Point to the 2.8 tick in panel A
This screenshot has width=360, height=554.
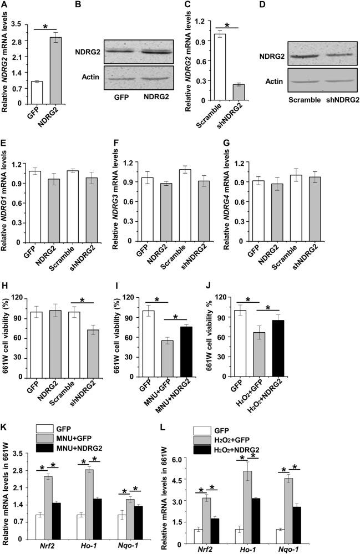pyautogui.click(x=21, y=41)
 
